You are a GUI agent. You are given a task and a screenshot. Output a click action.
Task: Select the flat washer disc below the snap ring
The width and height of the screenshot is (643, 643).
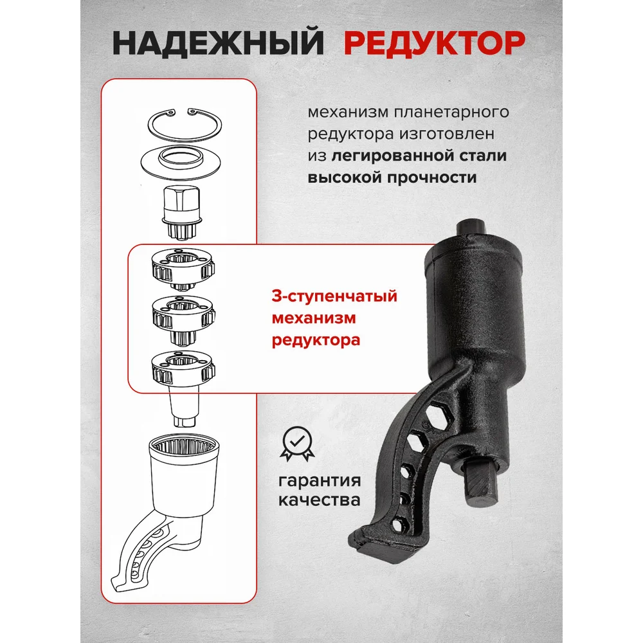click(181, 163)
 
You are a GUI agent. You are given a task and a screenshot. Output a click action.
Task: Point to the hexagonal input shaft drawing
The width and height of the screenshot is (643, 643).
click(182, 212)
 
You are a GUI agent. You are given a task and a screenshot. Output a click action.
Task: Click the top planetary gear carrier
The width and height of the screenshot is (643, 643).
click(183, 269)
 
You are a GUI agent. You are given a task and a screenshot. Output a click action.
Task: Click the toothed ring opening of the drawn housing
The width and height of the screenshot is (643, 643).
click(184, 448)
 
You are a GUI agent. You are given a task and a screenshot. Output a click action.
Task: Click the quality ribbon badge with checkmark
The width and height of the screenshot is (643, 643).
click(297, 444)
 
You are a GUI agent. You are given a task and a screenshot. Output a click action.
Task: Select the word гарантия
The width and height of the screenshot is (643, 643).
click(320, 480)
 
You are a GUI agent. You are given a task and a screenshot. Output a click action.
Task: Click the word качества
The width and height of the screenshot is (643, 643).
click(320, 500)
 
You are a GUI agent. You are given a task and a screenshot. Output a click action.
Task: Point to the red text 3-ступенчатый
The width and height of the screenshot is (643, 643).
click(334, 296)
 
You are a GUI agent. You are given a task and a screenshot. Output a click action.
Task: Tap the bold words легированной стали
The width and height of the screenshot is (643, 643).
click(419, 156)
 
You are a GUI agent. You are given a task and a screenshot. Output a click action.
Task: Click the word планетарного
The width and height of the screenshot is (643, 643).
click(451, 113)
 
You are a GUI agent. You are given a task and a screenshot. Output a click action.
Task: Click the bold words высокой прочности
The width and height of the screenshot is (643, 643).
click(392, 177)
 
